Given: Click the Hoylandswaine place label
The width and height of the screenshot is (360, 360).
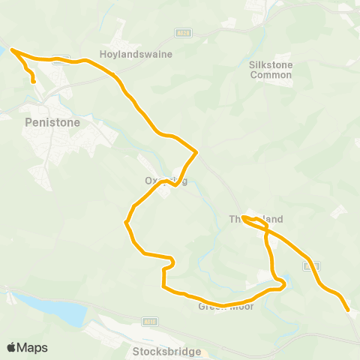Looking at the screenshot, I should tap(136, 54).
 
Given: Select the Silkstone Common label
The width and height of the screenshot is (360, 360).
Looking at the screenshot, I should tap(270, 70).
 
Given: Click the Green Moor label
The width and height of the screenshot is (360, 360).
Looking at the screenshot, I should tap(226, 306).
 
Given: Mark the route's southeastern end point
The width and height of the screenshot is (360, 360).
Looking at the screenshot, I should tap(348, 308).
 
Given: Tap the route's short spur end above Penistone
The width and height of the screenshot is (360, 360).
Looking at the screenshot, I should tap(34, 82).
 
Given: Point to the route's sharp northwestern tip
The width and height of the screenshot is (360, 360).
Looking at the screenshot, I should tap(12, 51).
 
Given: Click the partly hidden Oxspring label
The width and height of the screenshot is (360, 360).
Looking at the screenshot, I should tap(165, 180).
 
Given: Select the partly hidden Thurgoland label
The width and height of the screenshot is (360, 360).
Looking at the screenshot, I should tap(256, 220).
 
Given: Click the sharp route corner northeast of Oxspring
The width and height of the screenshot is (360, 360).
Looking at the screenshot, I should tap(196, 152).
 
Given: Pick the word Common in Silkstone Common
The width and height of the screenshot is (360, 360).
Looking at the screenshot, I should tap(270, 75).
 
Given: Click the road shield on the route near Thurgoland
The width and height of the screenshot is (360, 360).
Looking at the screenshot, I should tap(316, 265).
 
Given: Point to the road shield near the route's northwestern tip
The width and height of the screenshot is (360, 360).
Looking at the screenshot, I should tap(63, 58).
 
